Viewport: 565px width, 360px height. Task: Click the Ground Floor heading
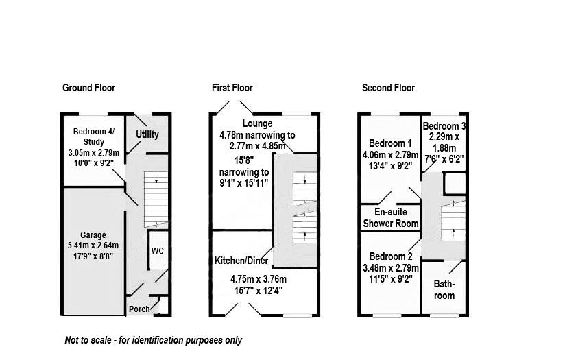pyautogui.click(x=88, y=88)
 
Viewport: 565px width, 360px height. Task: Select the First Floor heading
pyautogui.click(x=232, y=88)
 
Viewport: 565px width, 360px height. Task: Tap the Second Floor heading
pyautogui.click(x=388, y=88)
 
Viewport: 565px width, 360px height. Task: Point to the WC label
pyautogui.click(x=158, y=251)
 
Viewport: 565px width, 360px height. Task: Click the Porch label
pyautogui.click(x=139, y=309)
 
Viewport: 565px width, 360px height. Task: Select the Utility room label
pyautogui.click(x=147, y=134)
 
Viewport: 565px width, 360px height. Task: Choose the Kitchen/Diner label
pyautogui.click(x=241, y=261)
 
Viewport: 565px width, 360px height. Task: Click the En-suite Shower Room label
pyautogui.click(x=391, y=218)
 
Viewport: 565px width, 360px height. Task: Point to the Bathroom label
pyautogui.click(x=444, y=290)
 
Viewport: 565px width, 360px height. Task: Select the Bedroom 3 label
pyautogui.click(x=444, y=127)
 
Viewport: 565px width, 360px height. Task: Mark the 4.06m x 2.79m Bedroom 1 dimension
pyautogui.click(x=390, y=154)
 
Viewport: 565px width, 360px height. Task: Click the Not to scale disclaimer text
pyautogui.click(x=153, y=340)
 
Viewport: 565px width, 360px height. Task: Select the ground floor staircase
pyautogui.click(x=156, y=200)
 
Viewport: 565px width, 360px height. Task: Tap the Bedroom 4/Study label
pyautogui.click(x=94, y=137)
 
